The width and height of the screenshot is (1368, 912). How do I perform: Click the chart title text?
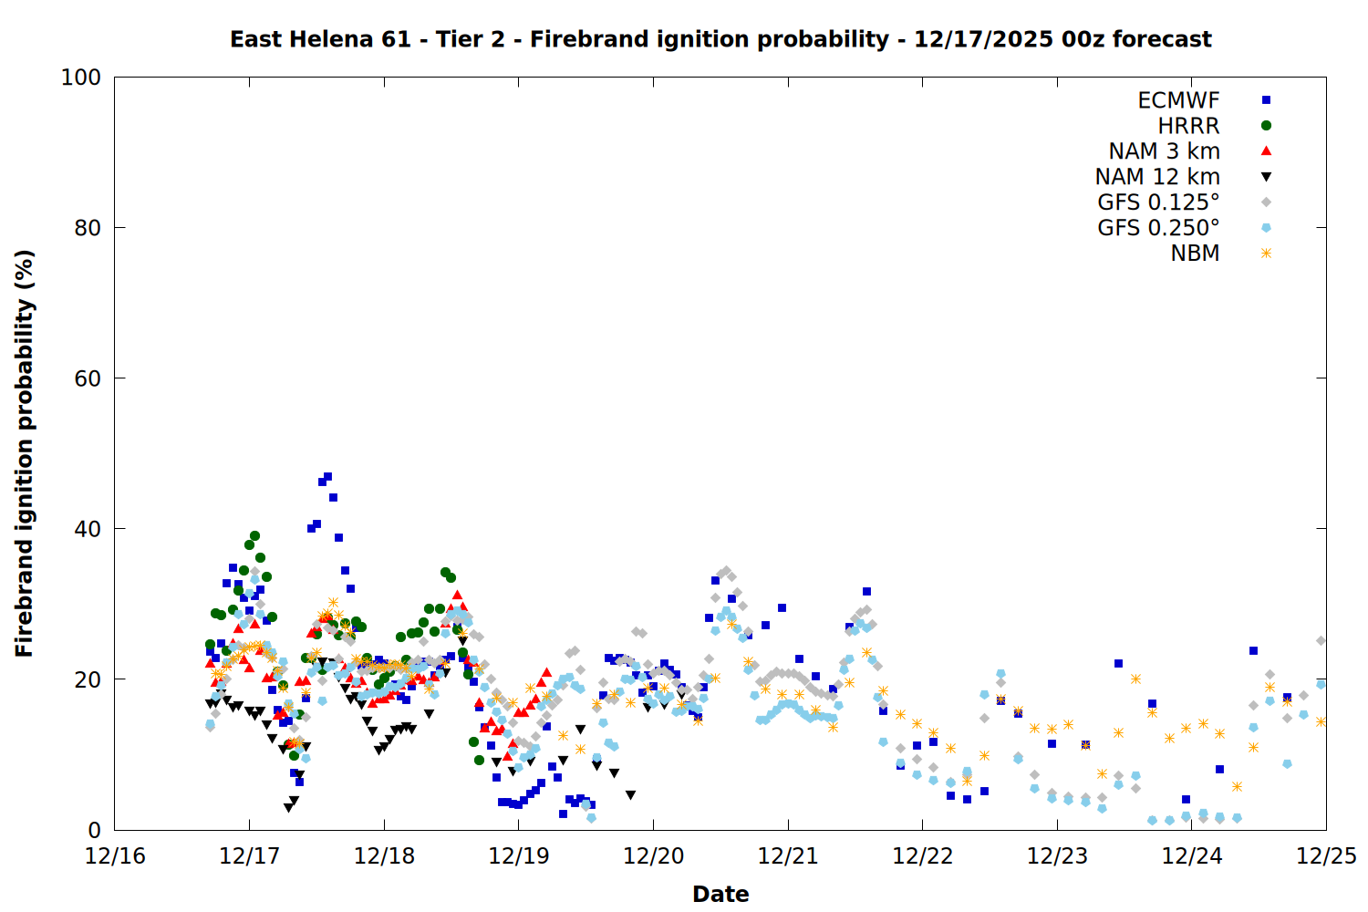(x=720, y=39)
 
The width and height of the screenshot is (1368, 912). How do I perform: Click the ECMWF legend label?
(x=1178, y=100)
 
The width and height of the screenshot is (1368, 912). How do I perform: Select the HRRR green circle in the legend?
(x=1266, y=126)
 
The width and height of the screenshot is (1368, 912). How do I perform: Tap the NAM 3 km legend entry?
(x=1164, y=151)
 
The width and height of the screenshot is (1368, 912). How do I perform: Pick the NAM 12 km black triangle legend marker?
(x=1266, y=177)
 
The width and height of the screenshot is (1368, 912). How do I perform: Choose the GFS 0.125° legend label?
(x=1158, y=202)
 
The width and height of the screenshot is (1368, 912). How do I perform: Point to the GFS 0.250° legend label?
(x=1158, y=228)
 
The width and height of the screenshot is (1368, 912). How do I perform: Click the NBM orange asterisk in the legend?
(x=1266, y=254)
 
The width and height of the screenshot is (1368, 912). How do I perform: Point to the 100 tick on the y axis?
(x=81, y=78)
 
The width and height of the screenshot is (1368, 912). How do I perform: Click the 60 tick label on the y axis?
(x=88, y=378)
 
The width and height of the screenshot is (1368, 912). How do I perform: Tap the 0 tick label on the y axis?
(x=94, y=830)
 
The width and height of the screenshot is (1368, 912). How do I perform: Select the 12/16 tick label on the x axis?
(x=115, y=856)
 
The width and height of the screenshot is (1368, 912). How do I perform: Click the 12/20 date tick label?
(x=653, y=856)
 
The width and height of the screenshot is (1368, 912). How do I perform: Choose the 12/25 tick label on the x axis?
(x=1326, y=856)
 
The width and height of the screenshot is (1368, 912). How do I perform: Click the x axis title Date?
(x=720, y=894)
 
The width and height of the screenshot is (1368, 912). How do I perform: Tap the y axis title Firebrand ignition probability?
(x=25, y=453)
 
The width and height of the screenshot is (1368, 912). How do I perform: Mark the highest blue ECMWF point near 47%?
(x=327, y=477)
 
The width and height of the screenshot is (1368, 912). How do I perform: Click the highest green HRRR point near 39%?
(x=255, y=536)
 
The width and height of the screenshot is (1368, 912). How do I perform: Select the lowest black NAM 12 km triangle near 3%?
(x=288, y=808)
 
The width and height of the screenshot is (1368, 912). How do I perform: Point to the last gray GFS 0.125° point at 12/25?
(x=1321, y=641)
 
